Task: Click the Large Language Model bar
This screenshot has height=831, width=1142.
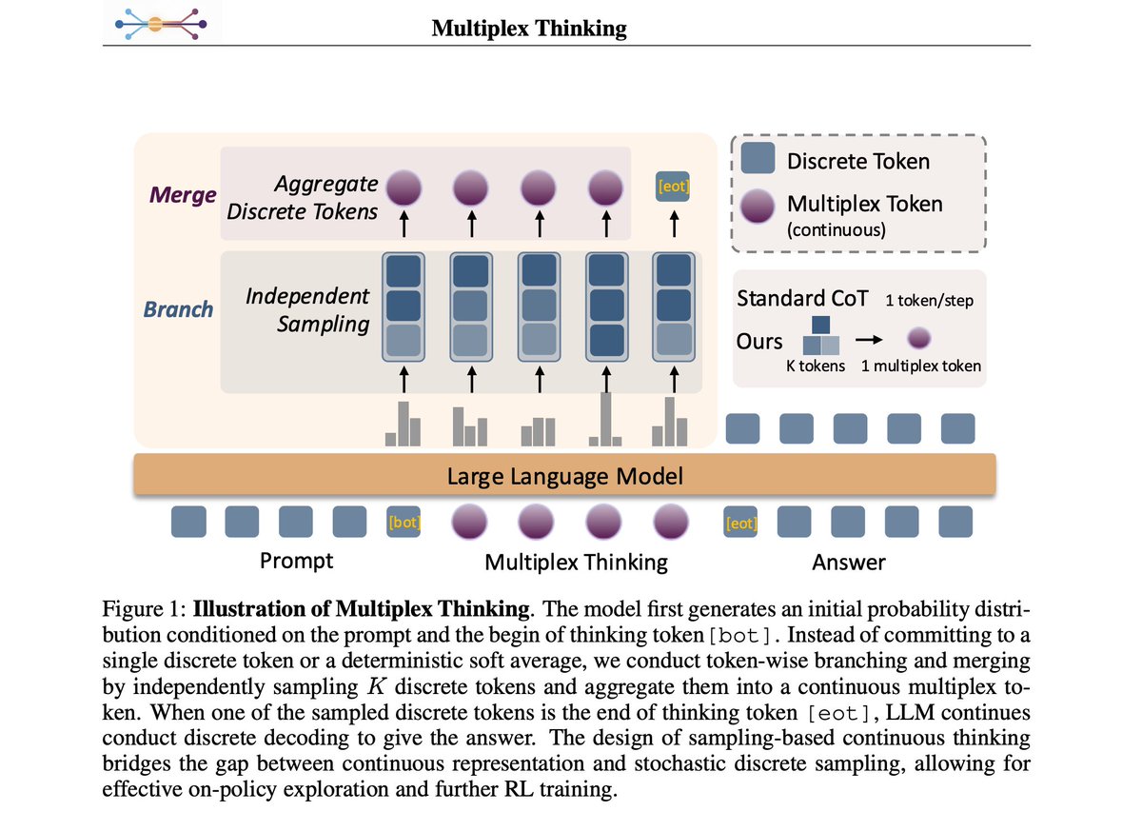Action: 564,475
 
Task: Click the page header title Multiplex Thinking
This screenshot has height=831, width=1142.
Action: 529,29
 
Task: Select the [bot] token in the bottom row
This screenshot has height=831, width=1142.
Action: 404,522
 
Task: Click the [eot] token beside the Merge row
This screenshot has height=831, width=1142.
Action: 673,186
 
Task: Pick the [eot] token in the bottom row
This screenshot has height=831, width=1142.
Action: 740,522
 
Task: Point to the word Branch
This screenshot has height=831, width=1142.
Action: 178,309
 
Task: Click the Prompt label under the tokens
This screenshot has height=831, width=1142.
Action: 296,561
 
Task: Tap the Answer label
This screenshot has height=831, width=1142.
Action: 848,563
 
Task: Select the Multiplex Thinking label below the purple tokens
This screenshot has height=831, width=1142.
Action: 576,563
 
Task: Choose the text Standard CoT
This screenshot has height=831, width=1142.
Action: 802,298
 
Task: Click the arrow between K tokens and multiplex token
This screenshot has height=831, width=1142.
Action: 867,338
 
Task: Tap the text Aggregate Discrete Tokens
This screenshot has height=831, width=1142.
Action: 303,197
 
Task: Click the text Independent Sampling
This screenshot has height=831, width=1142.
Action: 307,310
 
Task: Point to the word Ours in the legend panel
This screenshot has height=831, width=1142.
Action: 759,340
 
